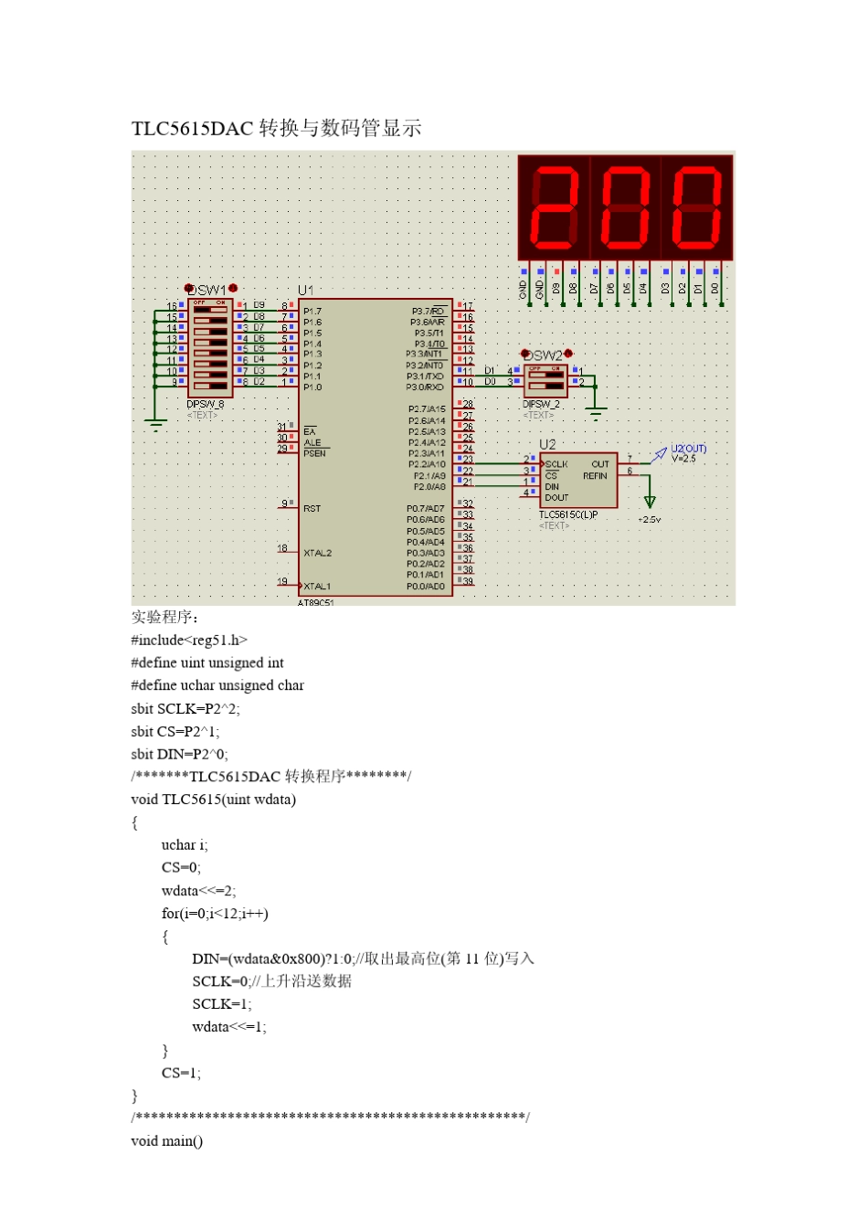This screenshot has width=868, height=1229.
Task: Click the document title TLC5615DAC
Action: tap(193, 128)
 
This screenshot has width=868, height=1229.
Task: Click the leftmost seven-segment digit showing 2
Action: tap(554, 207)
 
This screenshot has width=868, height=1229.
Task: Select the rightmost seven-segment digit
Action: tap(697, 207)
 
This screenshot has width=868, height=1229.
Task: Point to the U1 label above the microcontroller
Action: tap(306, 290)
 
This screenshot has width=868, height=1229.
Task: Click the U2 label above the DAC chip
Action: tap(547, 444)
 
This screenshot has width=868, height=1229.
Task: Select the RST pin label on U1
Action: tap(312, 508)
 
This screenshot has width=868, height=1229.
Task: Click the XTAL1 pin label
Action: tap(317, 586)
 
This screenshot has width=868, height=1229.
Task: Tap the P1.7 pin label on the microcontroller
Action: tap(312, 312)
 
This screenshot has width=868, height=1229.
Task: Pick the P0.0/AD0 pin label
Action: tap(426, 586)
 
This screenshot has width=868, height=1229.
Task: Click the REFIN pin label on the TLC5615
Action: tap(595, 476)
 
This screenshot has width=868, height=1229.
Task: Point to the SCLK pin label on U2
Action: tap(556, 464)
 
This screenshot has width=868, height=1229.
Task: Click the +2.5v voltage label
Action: tap(650, 520)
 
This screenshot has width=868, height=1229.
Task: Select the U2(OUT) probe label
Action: tap(689, 449)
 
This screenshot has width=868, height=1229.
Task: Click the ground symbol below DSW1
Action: tap(155, 423)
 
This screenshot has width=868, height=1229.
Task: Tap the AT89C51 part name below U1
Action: tap(316, 603)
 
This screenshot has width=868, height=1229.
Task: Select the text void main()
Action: tap(167, 1140)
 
